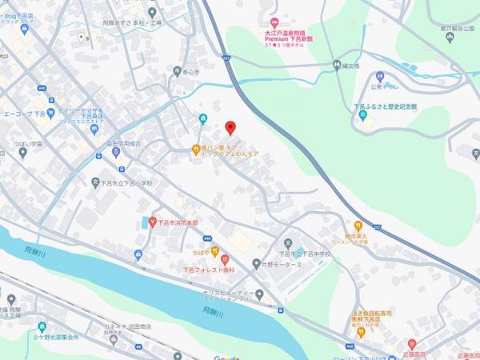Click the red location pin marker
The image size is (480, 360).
[x=230, y=128]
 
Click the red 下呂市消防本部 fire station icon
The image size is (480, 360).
[x=150, y=222]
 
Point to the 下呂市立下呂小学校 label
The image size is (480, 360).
[x=132, y=183]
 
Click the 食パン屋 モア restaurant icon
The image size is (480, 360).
[x=194, y=149]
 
